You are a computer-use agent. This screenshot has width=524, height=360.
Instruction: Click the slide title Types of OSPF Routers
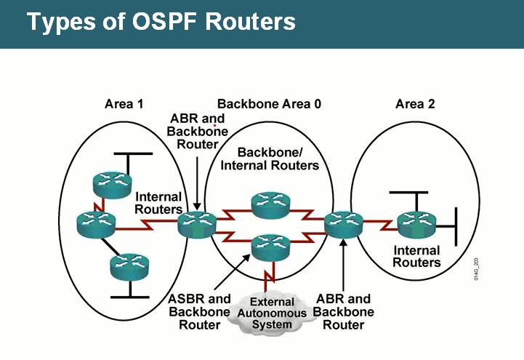pos(161,22)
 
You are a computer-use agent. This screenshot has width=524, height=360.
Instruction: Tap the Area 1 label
pos(124,103)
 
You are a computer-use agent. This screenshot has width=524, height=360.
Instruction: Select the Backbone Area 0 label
pos(269,103)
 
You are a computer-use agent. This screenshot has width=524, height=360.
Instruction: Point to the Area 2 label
pos(415,103)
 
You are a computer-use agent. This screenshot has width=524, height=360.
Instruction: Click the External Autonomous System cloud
pos(272,313)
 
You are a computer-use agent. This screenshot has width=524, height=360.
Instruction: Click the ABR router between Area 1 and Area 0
pos(197,223)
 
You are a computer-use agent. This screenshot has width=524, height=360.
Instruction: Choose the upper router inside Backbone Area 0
pos(270,204)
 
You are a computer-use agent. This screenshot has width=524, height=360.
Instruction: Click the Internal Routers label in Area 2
pos(416,257)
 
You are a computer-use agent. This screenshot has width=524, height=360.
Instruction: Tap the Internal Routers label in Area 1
pos(159,203)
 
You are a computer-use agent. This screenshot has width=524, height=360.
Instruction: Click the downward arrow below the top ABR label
pos(197,178)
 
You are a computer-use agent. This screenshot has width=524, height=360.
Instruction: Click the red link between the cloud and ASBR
pos(270,277)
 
